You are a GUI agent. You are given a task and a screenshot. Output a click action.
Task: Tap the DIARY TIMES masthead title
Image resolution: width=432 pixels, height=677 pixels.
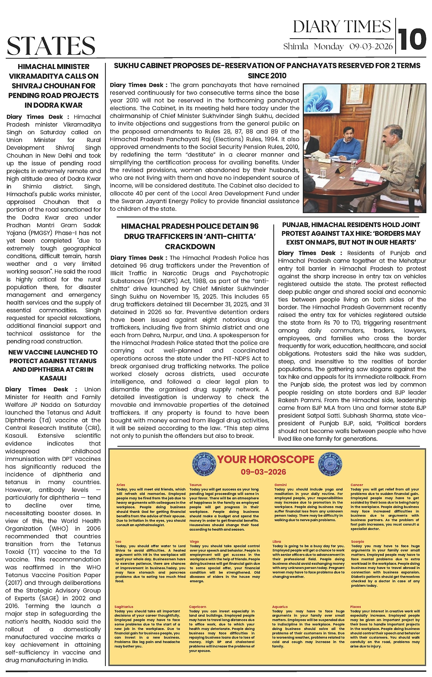click(341, 27)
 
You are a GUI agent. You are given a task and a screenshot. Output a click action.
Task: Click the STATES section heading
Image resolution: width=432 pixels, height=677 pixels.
click(51, 45)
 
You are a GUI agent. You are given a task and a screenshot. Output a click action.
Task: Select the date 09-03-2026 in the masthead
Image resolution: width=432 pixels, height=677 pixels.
click(371, 47)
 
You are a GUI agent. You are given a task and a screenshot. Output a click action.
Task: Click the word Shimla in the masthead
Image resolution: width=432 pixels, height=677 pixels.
click(296, 47)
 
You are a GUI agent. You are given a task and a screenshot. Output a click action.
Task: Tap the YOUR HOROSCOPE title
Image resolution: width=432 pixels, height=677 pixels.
click(265, 459)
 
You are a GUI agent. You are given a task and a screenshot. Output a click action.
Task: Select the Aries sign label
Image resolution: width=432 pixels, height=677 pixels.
click(121, 485)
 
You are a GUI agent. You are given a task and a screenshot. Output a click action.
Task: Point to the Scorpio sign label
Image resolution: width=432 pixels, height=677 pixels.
click(357, 542)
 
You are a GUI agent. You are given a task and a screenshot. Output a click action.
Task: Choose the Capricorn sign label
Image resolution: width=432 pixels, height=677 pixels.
click(197, 607)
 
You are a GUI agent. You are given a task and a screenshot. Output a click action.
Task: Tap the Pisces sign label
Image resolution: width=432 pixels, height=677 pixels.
click(355, 607)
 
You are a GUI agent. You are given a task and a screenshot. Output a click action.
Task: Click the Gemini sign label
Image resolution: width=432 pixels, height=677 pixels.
click(280, 485)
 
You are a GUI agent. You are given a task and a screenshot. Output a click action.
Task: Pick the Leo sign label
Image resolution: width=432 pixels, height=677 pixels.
click(118, 542)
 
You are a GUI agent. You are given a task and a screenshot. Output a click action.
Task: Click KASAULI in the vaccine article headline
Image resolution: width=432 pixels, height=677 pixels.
click(53, 378)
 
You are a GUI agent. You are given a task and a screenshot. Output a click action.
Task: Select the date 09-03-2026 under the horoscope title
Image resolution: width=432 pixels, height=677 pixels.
click(263, 472)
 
